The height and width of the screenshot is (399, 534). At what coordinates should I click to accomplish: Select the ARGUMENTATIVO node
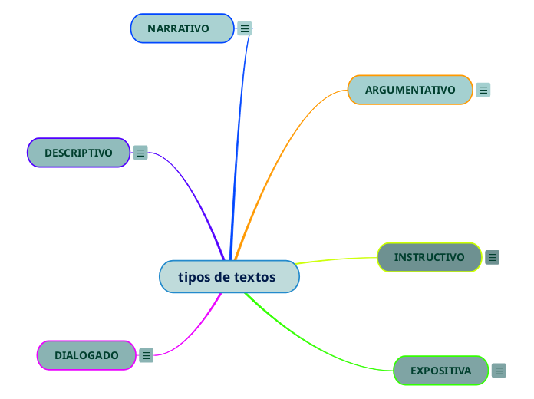tap(410, 90)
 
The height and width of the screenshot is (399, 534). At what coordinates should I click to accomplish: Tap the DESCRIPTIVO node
tap(78, 153)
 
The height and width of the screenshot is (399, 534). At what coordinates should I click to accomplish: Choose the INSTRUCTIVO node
tap(429, 257)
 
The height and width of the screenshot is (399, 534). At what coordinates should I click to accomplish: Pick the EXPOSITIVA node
tap(440, 371)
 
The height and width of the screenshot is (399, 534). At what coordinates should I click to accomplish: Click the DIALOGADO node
tap(86, 355)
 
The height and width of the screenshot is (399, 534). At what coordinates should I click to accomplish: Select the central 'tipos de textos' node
tap(229, 277)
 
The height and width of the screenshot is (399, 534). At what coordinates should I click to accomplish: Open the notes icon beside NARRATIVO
tap(245, 28)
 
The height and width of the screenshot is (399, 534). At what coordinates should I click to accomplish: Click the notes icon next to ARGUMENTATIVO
tap(483, 90)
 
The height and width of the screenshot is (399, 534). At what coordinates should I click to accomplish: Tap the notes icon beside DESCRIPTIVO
tap(140, 153)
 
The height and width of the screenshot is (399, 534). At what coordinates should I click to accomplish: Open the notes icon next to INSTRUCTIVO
tap(493, 257)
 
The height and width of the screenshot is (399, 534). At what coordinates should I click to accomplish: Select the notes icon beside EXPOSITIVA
tap(499, 371)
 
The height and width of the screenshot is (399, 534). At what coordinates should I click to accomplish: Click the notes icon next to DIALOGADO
tap(147, 355)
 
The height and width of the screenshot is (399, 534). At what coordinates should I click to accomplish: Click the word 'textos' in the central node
tap(255, 277)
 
